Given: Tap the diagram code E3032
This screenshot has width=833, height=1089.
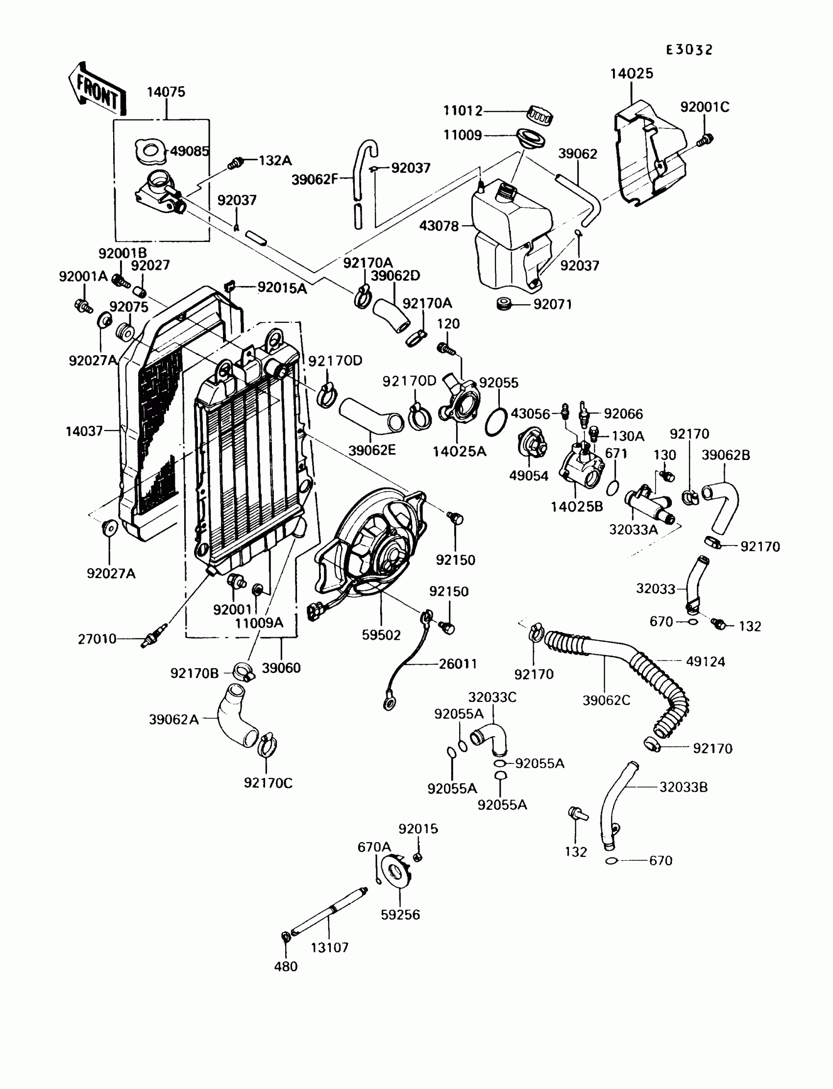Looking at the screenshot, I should point(689,49).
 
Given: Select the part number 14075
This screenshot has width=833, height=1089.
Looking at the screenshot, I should point(166,92).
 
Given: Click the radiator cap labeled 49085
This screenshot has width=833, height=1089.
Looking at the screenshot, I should point(150,151).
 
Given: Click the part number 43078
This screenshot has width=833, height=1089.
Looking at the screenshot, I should point(439,226).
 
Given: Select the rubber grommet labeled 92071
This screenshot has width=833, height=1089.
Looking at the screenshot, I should point(505,303).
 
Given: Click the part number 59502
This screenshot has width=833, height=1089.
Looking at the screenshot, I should point(381,635).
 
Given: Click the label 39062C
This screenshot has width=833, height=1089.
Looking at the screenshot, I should point(607,700).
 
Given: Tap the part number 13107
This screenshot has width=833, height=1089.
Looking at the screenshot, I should point(330,948).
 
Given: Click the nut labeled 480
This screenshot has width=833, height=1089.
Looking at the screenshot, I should point(286,936).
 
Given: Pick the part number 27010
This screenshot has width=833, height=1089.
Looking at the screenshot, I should point(97,639).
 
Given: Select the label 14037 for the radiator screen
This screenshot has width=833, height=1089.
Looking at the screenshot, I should point(84,431).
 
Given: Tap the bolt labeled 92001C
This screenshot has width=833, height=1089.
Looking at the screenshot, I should point(705,140).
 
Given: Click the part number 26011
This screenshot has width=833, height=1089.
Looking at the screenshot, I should point(458,664).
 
